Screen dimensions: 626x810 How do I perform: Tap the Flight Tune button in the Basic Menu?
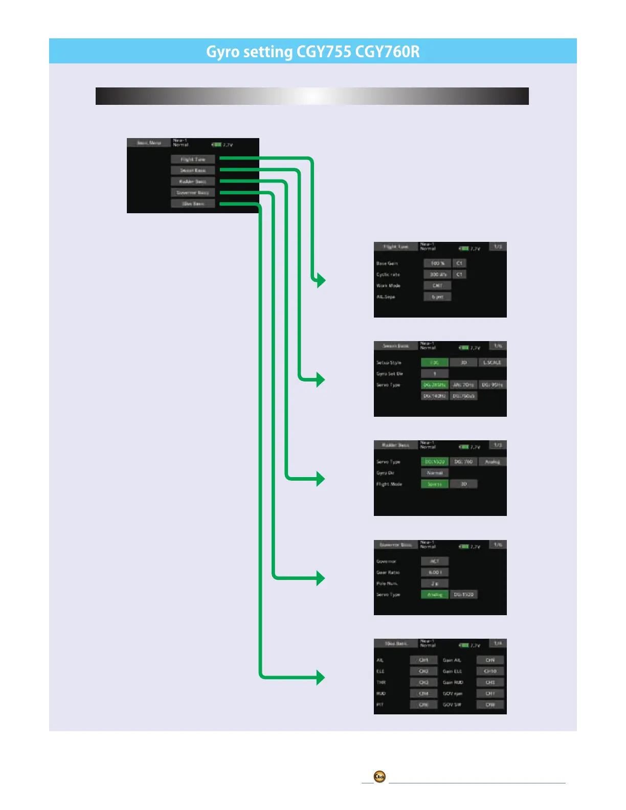pyautogui.click(x=193, y=160)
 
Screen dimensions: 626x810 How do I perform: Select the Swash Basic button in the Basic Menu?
pyautogui.click(x=193, y=170)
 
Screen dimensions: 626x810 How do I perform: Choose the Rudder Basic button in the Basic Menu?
pyautogui.click(x=193, y=182)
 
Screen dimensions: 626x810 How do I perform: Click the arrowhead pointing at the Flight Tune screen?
pyautogui.click(x=321, y=280)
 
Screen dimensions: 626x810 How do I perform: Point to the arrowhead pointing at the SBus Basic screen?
pyautogui.click(x=321, y=678)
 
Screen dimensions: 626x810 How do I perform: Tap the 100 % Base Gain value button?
pyautogui.click(x=437, y=263)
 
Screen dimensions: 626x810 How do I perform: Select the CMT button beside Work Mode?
pyautogui.click(x=437, y=286)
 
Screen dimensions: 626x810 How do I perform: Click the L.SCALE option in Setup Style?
pyautogui.click(x=492, y=363)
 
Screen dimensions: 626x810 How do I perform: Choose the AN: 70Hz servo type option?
pyautogui.click(x=463, y=385)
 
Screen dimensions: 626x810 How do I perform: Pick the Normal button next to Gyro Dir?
pyautogui.click(x=435, y=473)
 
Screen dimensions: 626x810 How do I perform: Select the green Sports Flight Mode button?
pyautogui.click(x=435, y=484)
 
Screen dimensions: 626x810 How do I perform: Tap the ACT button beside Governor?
pyautogui.click(x=435, y=561)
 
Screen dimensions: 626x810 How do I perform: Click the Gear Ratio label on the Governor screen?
pyautogui.click(x=388, y=573)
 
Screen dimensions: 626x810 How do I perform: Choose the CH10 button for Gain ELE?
pyautogui.click(x=490, y=671)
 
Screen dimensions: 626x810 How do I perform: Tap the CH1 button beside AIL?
pyautogui.click(x=423, y=660)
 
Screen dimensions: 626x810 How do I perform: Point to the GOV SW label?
pyautogui.click(x=452, y=705)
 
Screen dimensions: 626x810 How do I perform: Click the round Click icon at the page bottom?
pyautogui.click(x=379, y=777)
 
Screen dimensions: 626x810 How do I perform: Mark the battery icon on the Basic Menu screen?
pyautogui.click(x=217, y=145)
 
